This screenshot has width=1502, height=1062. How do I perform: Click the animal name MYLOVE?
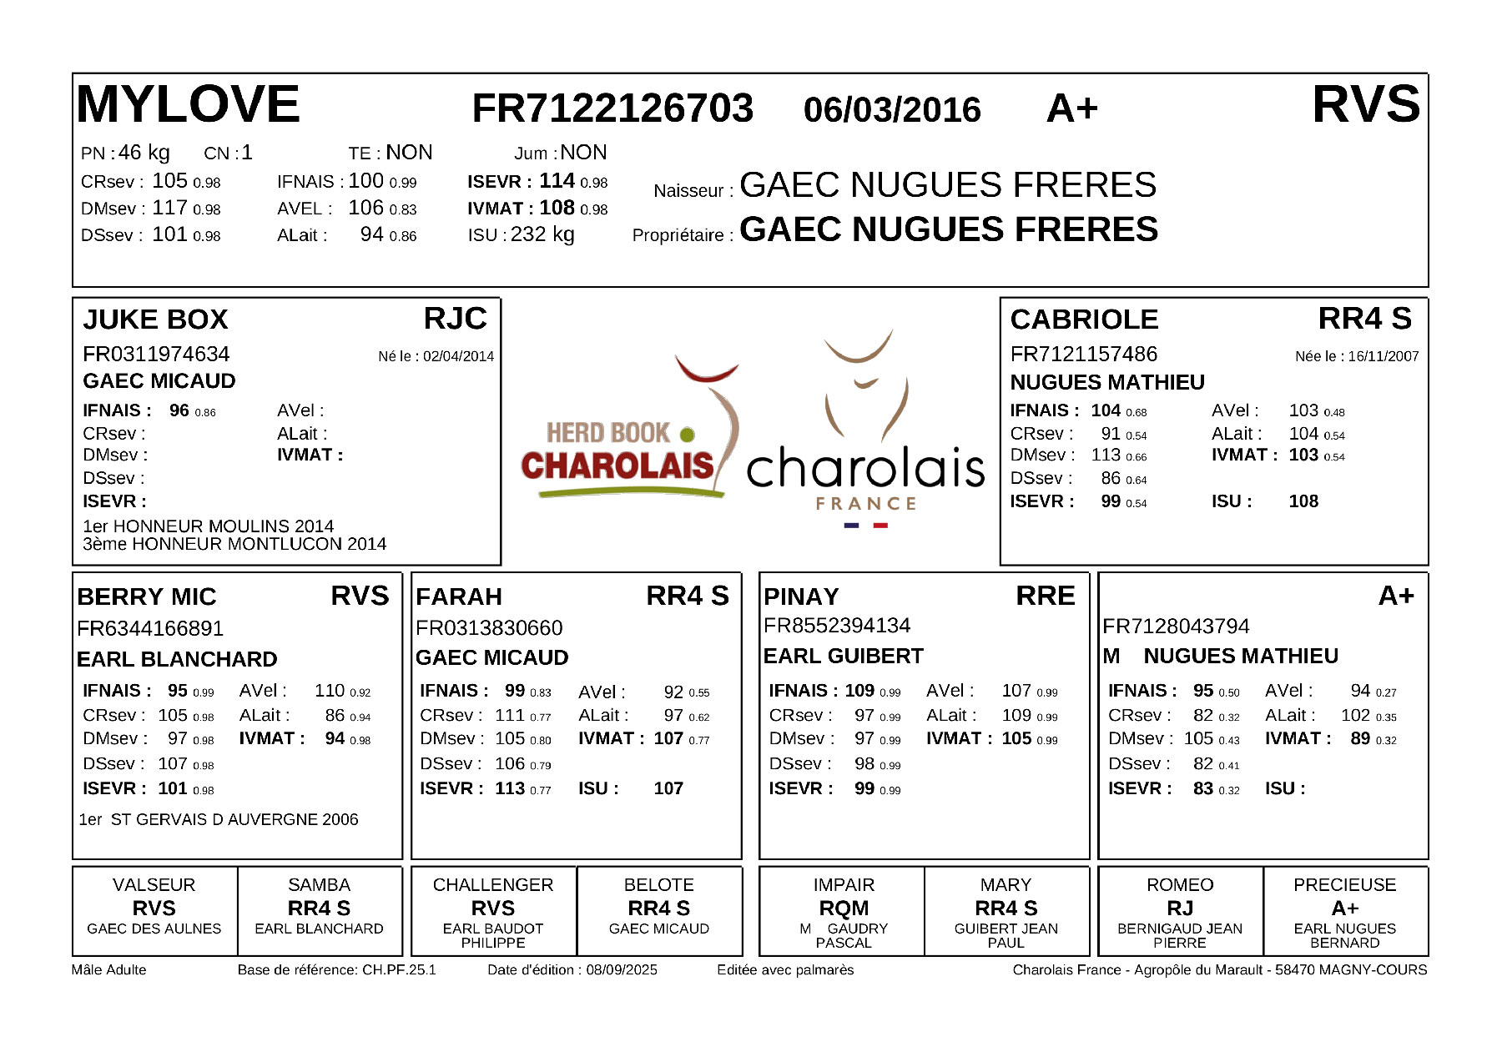(x=189, y=105)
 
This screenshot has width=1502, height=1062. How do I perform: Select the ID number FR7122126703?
(x=612, y=108)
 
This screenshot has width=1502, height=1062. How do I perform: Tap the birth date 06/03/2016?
(x=892, y=110)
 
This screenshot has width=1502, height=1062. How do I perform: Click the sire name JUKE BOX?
(x=155, y=320)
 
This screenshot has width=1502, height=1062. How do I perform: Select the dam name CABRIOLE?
(x=1084, y=320)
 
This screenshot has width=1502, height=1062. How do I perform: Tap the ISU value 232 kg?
(x=542, y=234)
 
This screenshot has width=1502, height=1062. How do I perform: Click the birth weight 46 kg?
(x=144, y=153)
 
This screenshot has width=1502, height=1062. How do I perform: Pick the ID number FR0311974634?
(x=156, y=355)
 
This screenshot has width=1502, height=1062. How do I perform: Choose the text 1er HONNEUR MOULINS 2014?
(x=208, y=526)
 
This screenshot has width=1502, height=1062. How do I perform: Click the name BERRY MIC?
(x=147, y=596)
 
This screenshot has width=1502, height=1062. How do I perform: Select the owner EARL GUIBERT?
(x=843, y=657)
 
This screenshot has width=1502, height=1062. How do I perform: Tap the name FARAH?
(x=459, y=596)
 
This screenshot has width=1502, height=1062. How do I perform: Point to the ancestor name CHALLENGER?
(x=493, y=885)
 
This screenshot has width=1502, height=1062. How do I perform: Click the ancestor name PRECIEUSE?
(x=1344, y=885)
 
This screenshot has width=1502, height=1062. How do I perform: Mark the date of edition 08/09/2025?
(x=622, y=970)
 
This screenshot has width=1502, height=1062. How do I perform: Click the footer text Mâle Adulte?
(x=109, y=970)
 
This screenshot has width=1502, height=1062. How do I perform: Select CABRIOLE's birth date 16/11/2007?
(x=1383, y=357)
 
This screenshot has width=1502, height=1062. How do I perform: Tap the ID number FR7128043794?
(x=1176, y=627)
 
